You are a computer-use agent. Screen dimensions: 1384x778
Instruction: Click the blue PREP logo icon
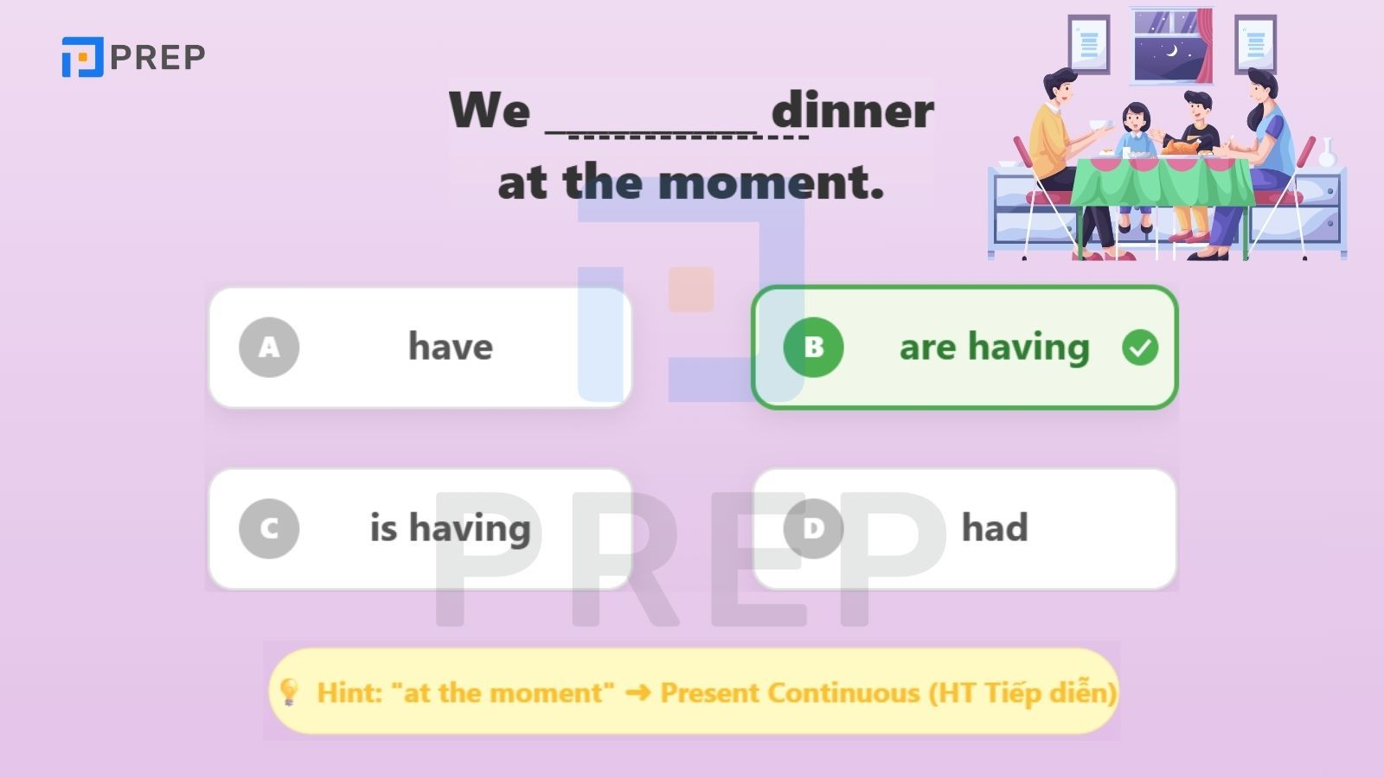(83, 57)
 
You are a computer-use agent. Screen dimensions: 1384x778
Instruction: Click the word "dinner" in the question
(853, 110)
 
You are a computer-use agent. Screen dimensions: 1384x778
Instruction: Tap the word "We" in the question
(490, 111)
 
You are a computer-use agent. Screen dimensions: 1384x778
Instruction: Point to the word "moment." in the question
(771, 182)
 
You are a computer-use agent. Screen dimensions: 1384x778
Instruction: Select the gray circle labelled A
(269, 347)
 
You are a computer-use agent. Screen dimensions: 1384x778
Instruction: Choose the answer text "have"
(451, 347)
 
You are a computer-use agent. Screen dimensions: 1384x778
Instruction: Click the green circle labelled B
(813, 347)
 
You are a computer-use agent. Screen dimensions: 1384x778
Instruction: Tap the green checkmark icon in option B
(1140, 347)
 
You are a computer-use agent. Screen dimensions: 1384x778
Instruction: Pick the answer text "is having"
(451, 528)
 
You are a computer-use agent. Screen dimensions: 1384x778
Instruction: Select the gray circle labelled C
(269, 528)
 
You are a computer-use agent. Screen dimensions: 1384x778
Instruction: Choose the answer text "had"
(995, 528)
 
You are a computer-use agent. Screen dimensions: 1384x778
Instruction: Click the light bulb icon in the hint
(289, 692)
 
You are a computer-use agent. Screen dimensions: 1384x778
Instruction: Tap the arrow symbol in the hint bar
(638, 692)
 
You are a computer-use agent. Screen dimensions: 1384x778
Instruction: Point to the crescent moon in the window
(1171, 51)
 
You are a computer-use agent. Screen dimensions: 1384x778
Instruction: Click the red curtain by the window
(1204, 46)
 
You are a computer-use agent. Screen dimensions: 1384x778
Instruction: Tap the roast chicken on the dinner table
(1182, 146)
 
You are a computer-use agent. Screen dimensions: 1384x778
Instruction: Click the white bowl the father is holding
(1098, 124)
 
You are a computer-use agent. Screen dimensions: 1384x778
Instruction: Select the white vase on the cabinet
(1327, 152)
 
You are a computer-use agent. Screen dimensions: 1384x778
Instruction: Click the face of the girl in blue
(1136, 118)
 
